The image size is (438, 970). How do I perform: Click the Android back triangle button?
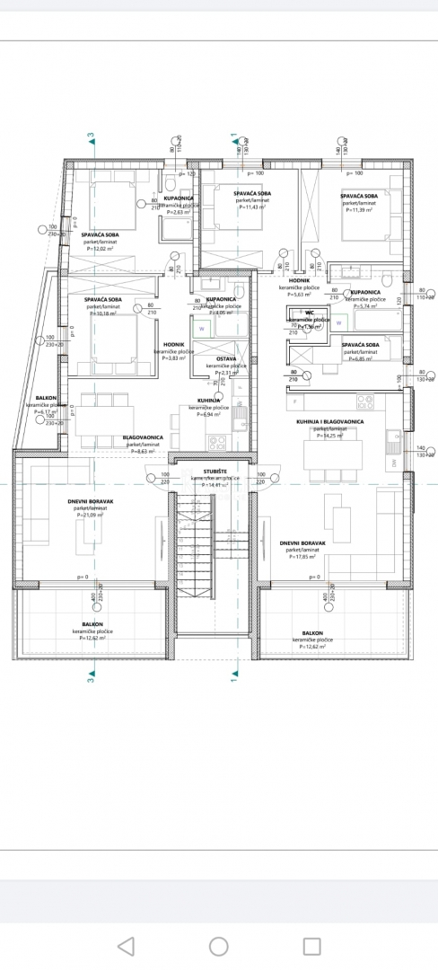pyautogui.click(x=126, y=946)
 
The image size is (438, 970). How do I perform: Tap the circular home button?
pyautogui.click(x=218, y=946)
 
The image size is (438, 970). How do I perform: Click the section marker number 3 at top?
pyautogui.click(x=90, y=137)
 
